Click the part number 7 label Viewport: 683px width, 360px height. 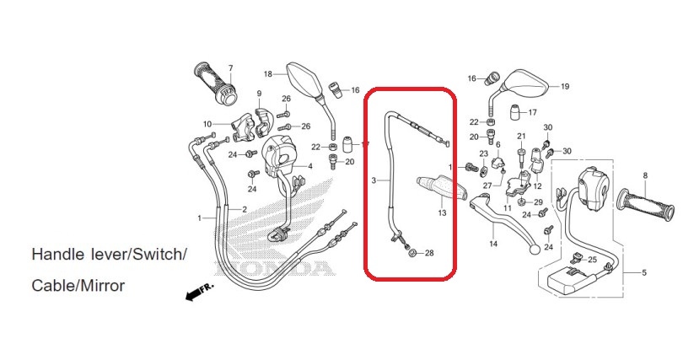pyautogui.click(x=230, y=68)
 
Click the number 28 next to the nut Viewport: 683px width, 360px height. pyautogui.click(x=429, y=253)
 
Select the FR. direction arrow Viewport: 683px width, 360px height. pyautogui.click(x=200, y=293)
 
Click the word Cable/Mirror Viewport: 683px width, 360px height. pyautogui.click(x=78, y=286)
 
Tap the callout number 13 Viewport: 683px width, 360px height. pyautogui.click(x=442, y=212)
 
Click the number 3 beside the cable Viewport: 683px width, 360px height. pyautogui.click(x=374, y=180)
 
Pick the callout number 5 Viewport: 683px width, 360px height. pyautogui.click(x=644, y=273)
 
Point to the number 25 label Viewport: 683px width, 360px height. pyautogui.click(x=593, y=260)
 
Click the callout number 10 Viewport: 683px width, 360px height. pyautogui.click(x=207, y=124)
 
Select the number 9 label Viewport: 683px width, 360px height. pyautogui.click(x=259, y=94)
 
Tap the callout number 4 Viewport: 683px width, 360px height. pyautogui.click(x=310, y=166)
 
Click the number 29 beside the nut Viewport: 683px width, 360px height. pyautogui.click(x=538, y=202)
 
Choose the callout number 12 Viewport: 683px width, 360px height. pyautogui.click(x=537, y=185)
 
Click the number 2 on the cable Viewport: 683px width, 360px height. pyautogui.click(x=245, y=209)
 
